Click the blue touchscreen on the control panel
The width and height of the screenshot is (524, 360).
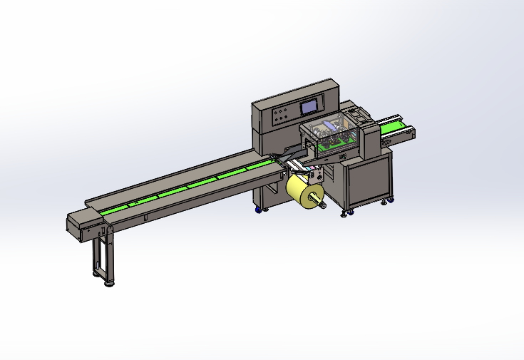[x=310, y=107]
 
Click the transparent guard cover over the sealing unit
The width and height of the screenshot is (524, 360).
[x=329, y=135]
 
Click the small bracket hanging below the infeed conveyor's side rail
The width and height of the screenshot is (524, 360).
[x=145, y=217]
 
